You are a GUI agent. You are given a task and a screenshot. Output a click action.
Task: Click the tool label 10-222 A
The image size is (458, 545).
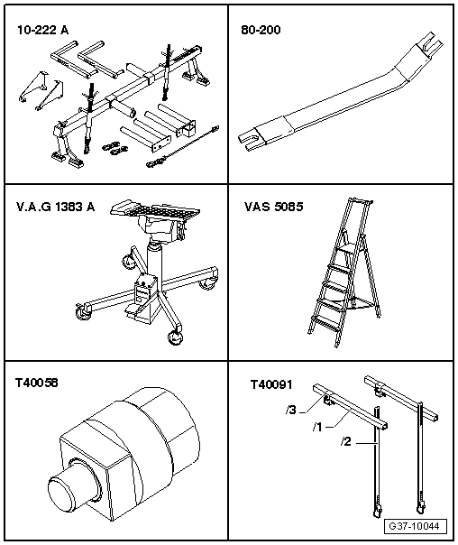pos(42,30)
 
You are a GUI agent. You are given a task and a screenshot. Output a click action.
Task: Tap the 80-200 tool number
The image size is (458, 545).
pos(261,30)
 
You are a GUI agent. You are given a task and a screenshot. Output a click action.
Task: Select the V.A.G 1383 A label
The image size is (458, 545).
pos(56,207)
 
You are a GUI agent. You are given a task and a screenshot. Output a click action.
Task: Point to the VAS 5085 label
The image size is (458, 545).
pos(273,207)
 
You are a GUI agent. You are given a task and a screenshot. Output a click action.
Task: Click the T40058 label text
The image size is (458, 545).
pos(36,383)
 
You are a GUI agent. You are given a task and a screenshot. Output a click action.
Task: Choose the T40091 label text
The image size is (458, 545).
pos(271,384)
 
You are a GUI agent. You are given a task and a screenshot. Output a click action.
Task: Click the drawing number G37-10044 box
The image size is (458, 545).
pos(416,526)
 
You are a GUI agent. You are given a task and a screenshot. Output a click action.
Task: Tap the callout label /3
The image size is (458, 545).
pos(291,411)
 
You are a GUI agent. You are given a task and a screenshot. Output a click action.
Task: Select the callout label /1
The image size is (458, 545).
pos(317,427)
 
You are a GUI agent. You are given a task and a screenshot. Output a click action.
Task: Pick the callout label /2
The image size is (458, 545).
pos(346,442)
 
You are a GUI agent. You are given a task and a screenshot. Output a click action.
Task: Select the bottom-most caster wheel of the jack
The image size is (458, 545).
pos(175,337)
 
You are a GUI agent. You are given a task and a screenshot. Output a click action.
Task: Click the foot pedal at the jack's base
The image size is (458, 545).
pos(133,309)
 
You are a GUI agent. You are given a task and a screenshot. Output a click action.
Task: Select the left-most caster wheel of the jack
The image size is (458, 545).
pos(82,312)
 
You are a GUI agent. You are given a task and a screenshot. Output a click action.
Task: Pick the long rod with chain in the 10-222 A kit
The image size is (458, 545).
pos(183,146)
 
